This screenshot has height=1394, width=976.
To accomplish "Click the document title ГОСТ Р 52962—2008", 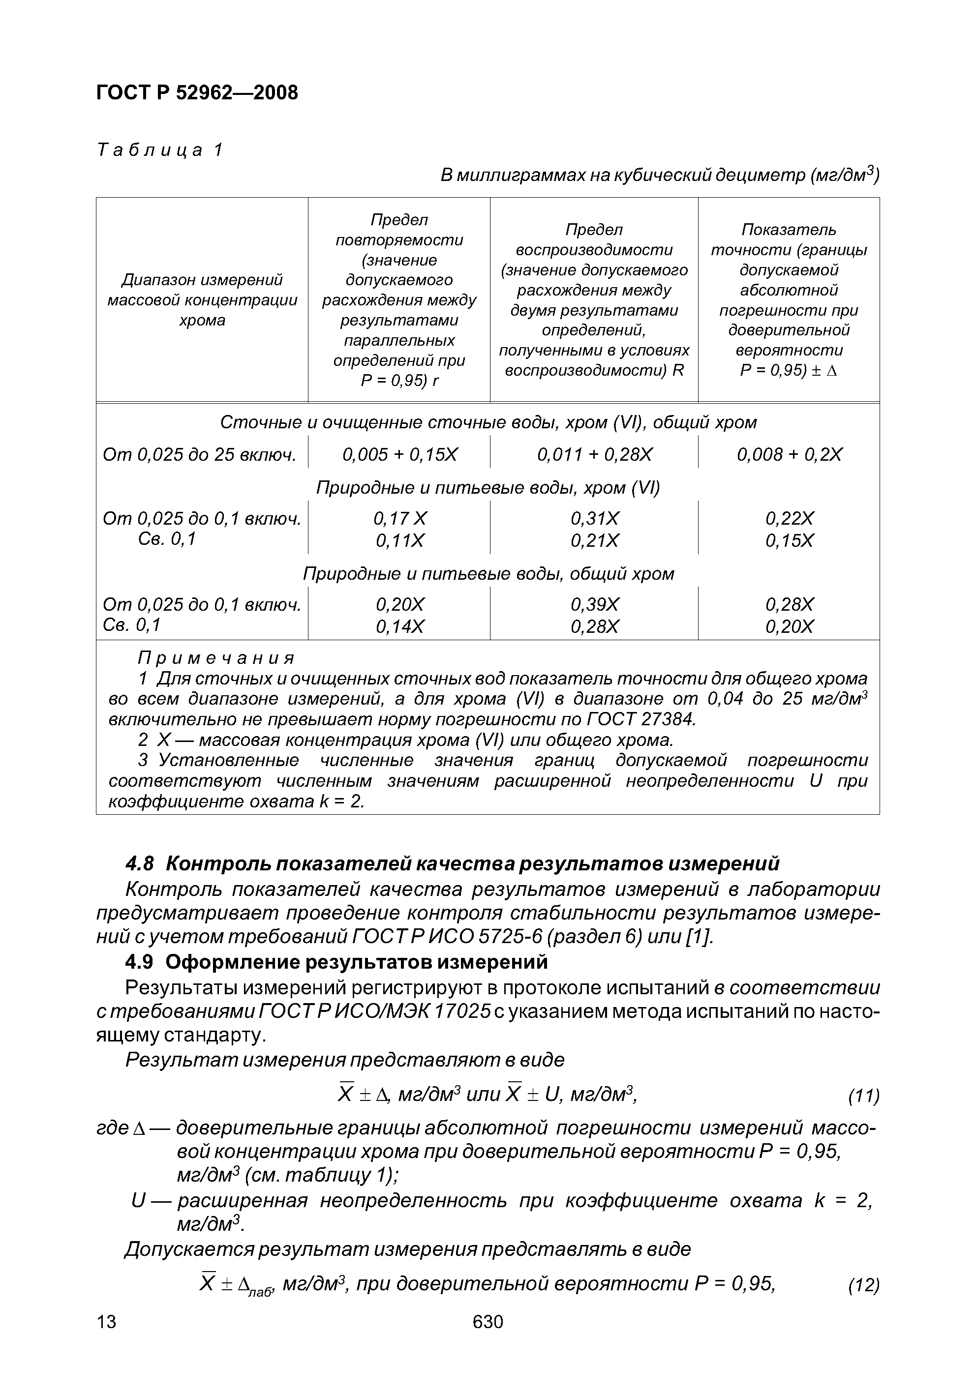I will (197, 93).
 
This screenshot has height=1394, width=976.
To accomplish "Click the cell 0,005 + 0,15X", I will (399, 455).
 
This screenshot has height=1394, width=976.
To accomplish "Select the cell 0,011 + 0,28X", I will (594, 455).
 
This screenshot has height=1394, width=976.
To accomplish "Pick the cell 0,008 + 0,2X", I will (789, 455).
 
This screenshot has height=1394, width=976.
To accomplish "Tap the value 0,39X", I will (594, 605).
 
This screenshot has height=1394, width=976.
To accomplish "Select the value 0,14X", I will (399, 626).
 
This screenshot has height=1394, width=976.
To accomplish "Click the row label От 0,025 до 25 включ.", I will (200, 455).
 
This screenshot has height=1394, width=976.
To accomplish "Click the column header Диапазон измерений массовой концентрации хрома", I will (202, 300).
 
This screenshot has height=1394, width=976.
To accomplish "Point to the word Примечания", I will (216, 658).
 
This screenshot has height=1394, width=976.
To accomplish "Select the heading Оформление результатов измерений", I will (357, 962).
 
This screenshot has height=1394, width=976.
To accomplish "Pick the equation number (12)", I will (863, 1286).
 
